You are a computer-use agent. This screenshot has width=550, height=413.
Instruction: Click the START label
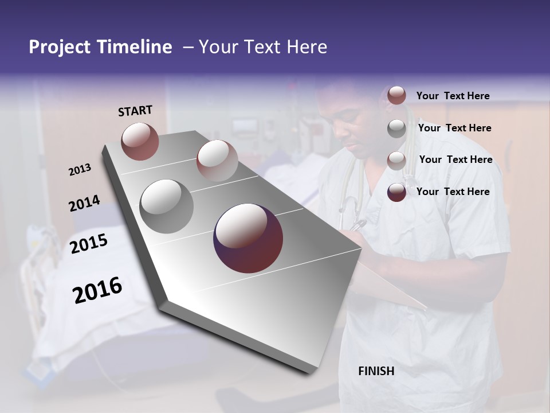[135, 111]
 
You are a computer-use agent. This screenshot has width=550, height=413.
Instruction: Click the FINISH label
[376, 371]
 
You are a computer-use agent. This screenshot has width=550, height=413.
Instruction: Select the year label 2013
[80, 170]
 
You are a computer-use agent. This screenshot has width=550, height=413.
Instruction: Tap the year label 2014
[84, 204]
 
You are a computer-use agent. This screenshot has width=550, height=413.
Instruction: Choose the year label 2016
[97, 290]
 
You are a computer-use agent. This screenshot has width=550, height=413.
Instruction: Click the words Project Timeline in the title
[100, 47]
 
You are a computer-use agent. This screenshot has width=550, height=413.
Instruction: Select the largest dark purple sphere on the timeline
[248, 238]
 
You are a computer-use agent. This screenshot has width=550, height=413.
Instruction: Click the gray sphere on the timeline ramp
[167, 206]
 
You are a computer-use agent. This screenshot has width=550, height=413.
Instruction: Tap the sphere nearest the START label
[140, 141]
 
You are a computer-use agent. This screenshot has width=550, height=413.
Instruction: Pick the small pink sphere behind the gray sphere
[217, 160]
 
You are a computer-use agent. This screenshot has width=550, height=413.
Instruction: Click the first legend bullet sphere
[396, 96]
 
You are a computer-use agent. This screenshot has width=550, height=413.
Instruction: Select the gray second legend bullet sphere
[396, 128]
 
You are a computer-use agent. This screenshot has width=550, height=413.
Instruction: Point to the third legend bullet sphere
[396, 160]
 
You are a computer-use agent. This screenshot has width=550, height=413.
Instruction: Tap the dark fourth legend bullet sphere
[396, 192]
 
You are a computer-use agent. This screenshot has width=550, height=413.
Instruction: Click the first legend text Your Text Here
[453, 96]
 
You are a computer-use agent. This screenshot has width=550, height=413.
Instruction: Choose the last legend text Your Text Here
[453, 192]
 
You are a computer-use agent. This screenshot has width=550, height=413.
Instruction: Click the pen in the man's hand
[359, 224]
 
